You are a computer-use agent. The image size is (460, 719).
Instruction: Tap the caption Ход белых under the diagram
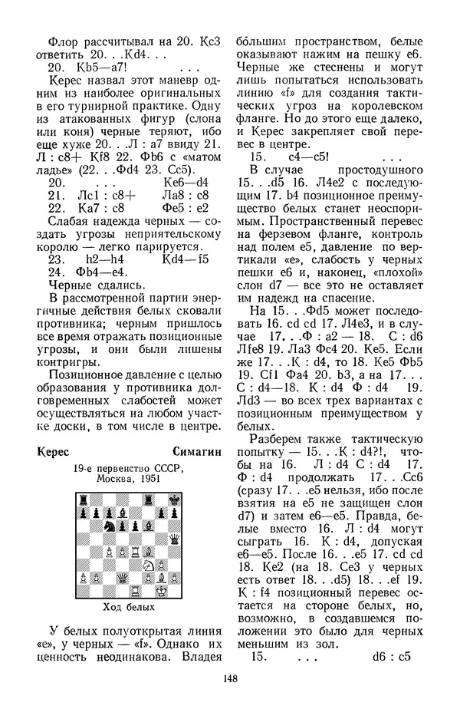tap(123, 607)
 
